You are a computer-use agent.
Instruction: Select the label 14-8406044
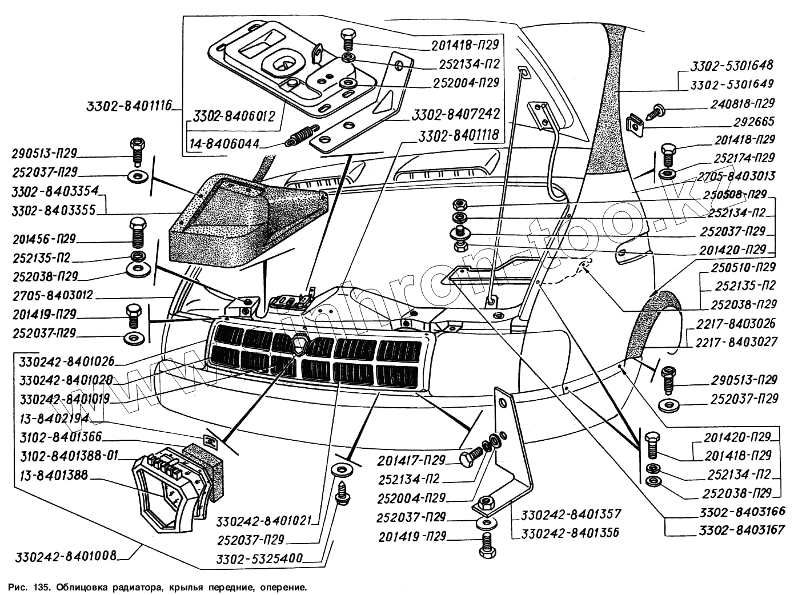224,144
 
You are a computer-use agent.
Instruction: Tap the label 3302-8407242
456,114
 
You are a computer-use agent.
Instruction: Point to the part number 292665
753,121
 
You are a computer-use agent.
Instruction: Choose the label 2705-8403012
53,295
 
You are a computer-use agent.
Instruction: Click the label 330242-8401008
66,556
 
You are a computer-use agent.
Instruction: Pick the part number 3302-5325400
259,558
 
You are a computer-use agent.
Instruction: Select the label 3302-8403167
741,530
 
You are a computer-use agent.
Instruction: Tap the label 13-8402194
54,419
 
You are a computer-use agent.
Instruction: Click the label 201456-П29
44,239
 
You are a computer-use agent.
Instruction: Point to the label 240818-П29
743,103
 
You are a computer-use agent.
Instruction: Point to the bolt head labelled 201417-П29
467,460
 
